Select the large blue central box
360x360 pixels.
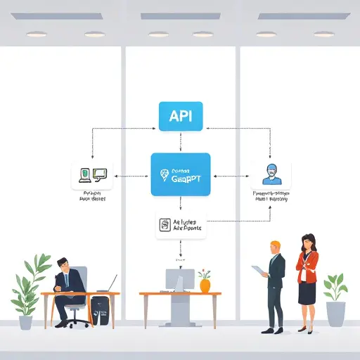pos(180,174)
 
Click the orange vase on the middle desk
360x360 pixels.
pos(205,284)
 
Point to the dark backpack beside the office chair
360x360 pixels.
pos(100,310)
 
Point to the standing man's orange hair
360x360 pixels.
pos(275,245)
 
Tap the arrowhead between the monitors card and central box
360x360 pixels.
pos(117,176)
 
